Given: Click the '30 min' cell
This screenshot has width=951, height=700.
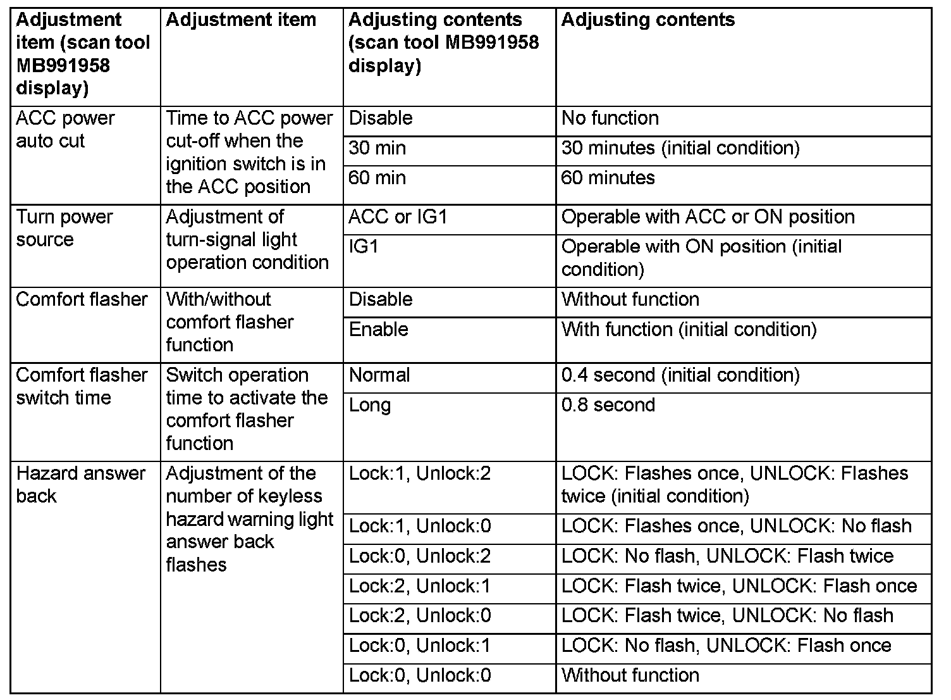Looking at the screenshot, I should click(x=377, y=148).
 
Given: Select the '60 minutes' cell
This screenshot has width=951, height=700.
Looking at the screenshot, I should click(x=608, y=178).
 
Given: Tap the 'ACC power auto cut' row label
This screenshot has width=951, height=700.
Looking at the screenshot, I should click(x=65, y=129).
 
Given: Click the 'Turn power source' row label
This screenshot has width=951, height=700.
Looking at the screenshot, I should click(x=64, y=228).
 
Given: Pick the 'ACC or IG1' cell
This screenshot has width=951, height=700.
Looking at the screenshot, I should click(x=398, y=217).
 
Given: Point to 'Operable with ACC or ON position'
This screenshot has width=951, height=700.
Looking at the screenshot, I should click(x=708, y=217).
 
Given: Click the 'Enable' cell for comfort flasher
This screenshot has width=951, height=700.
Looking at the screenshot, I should click(x=379, y=329).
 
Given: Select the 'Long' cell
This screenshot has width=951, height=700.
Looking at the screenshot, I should click(x=370, y=405).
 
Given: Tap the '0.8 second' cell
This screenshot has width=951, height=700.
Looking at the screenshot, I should click(x=608, y=405).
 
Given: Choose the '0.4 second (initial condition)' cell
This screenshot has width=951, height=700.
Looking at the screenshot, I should click(x=680, y=375).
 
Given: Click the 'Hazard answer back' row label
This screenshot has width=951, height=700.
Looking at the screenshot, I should click(x=80, y=484).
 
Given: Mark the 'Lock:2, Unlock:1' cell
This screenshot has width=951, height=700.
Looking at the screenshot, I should click(x=420, y=586).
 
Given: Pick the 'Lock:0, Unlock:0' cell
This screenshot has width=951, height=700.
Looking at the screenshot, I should click(x=420, y=675).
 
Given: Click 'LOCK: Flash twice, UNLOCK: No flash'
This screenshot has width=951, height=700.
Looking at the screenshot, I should click(x=727, y=615).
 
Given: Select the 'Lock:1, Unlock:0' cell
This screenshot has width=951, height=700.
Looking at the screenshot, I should click(x=420, y=526).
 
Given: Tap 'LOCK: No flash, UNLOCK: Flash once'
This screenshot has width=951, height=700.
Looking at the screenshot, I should click(x=726, y=646).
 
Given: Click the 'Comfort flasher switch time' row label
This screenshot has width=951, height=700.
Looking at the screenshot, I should click(x=82, y=386).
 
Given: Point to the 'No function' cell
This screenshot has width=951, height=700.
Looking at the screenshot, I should click(x=610, y=118).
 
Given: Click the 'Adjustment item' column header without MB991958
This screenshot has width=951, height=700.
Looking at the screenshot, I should click(x=241, y=20).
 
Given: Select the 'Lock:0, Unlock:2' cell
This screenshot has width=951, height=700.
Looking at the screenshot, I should click(x=420, y=556).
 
